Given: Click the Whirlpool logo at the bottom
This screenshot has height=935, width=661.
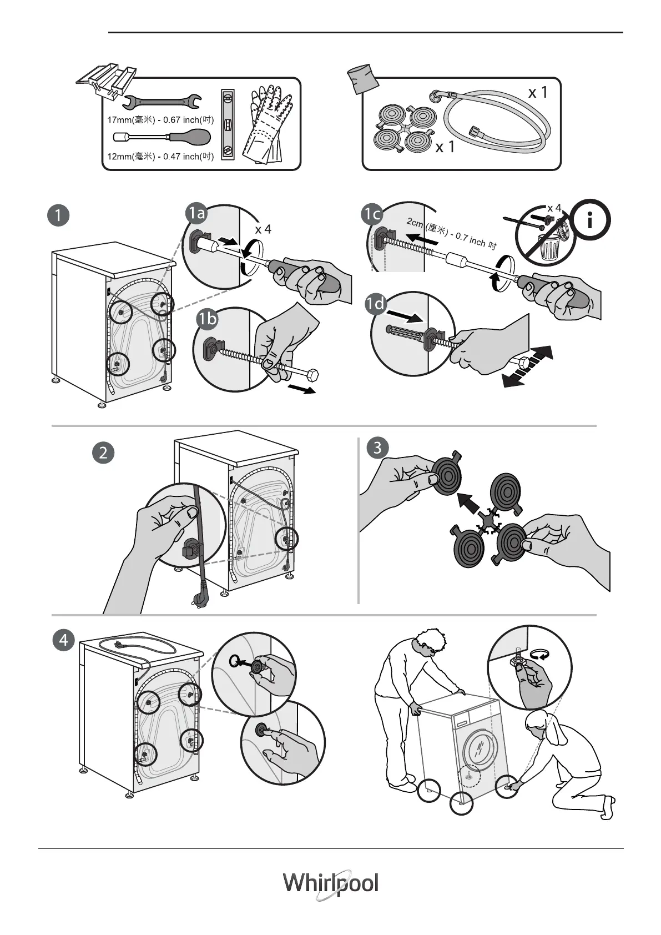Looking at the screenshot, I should click(x=331, y=883).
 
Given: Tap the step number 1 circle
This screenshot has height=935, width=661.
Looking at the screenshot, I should click(x=58, y=215).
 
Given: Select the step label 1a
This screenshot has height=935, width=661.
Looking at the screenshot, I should click(x=196, y=214).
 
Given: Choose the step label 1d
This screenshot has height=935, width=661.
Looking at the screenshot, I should click(x=376, y=304).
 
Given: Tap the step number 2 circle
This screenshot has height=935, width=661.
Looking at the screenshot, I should click(x=103, y=453).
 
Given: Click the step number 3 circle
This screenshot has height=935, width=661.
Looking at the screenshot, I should click(x=377, y=448).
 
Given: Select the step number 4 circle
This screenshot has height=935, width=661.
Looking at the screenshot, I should click(x=64, y=640).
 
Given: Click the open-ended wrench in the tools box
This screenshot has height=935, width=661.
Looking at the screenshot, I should click(x=162, y=101).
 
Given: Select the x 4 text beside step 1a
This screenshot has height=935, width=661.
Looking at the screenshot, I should click(x=263, y=229).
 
